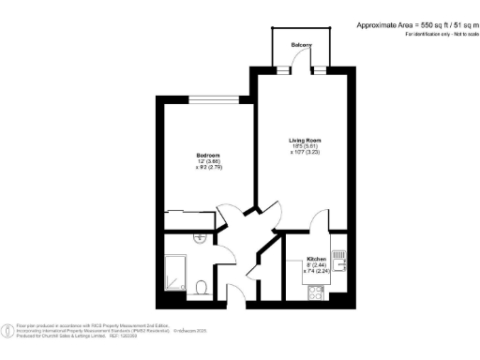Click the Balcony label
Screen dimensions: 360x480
[x=300, y=45]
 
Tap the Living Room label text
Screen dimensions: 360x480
[x=304, y=140]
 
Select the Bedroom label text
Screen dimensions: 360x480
[x=207, y=155]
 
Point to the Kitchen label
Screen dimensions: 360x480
[x=315, y=258]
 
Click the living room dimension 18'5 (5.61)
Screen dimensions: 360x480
[x=304, y=146]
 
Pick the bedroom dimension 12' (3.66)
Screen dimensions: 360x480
[x=207, y=161]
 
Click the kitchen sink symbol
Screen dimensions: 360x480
[x=342, y=256]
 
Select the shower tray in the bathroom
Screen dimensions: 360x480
[x=177, y=272]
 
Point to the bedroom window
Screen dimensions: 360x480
[x=215, y=98]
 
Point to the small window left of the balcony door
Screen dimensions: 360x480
[x=281, y=67]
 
